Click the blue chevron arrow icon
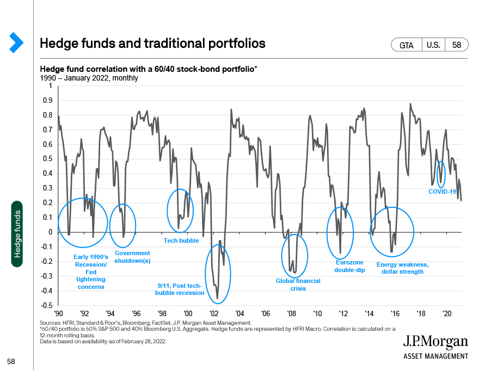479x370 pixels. pyautogui.click(x=16, y=42)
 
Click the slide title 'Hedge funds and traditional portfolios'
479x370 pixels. pyautogui.click(x=152, y=44)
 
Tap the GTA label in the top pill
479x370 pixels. pyautogui.click(x=406, y=45)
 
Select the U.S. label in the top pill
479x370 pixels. pyautogui.click(x=433, y=45)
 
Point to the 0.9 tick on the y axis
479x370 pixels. pyautogui.click(x=48, y=101)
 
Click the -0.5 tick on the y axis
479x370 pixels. pyautogui.click(x=47, y=305)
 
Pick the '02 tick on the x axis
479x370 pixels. pyautogui.click(x=214, y=313)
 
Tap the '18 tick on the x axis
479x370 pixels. pyautogui.click(x=421, y=313)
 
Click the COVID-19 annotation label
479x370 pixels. pyautogui.click(x=442, y=192)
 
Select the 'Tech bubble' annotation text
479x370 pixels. pyautogui.click(x=181, y=240)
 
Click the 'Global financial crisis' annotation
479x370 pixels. pyautogui.click(x=298, y=285)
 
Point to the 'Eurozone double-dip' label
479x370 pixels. pyautogui.click(x=349, y=266)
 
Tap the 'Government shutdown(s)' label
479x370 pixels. pyautogui.click(x=132, y=257)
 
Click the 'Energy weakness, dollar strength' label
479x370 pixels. pyautogui.click(x=402, y=268)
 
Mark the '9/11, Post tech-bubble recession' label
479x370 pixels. pyautogui.click(x=180, y=289)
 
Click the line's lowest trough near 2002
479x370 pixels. pyautogui.click(x=218, y=299)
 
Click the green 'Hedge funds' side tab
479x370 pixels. pyautogui.click(x=17, y=234)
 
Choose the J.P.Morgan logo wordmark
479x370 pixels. pyautogui.click(x=435, y=342)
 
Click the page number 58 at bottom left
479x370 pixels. pyautogui.click(x=11, y=361)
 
